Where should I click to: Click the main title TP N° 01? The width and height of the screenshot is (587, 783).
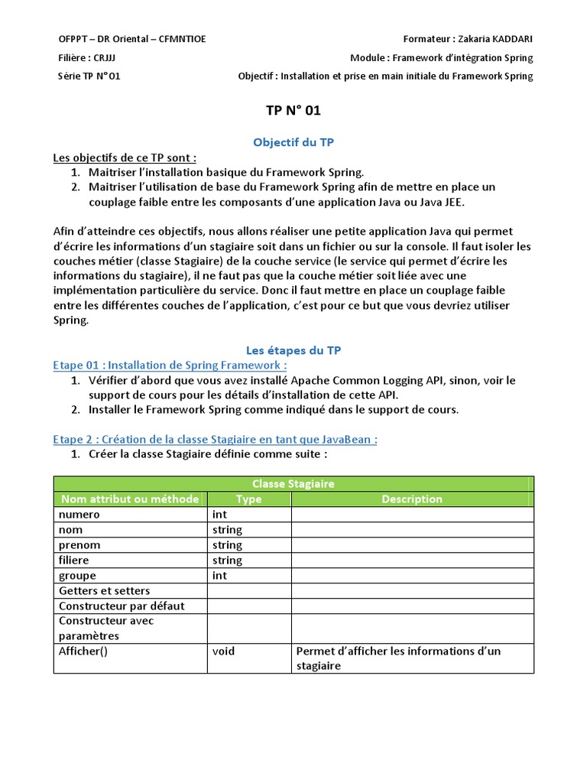293,111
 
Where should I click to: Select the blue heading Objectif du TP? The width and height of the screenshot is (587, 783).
293,142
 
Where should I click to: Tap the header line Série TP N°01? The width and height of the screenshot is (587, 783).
89,76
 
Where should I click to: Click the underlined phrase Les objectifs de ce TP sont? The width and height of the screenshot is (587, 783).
125,158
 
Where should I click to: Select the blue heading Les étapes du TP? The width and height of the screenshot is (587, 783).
293,350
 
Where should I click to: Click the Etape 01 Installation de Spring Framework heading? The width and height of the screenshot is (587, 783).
170,366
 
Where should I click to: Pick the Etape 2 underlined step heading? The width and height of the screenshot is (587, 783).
216,439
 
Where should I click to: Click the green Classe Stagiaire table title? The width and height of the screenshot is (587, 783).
293,484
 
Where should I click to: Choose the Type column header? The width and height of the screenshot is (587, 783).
248,499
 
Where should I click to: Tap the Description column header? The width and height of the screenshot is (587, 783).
412,499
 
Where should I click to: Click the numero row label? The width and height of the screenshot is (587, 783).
79,515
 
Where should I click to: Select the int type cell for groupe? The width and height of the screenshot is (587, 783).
220,576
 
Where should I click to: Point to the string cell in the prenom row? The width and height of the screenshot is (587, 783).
227,545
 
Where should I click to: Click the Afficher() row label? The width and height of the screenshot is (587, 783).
83,651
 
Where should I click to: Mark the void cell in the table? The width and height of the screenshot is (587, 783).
224,651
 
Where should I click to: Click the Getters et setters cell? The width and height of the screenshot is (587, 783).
105,591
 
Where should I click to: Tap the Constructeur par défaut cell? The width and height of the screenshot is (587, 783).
122,606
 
